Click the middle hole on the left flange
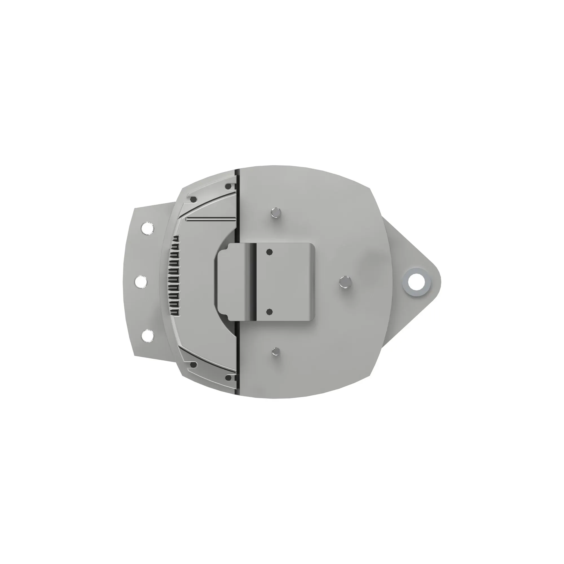pyautogui.click(x=141, y=282)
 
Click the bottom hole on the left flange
pyautogui.click(x=147, y=336)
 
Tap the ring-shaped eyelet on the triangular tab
pyautogui.click(x=417, y=282)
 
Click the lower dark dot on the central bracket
pyautogui.click(x=269, y=312)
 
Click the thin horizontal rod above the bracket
pyautogui.click(x=211, y=219)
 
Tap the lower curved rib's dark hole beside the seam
pyautogui.click(x=229, y=378)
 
